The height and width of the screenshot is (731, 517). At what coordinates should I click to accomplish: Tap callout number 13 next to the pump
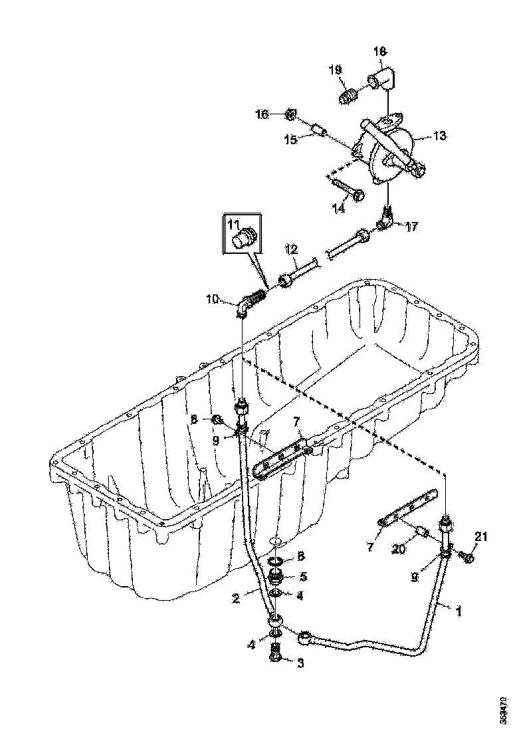[x=439, y=136]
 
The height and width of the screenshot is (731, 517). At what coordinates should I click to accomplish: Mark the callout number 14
[x=339, y=208]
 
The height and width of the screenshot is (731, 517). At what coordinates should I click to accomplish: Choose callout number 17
[x=412, y=227]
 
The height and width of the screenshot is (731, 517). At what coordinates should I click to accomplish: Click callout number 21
[x=480, y=537]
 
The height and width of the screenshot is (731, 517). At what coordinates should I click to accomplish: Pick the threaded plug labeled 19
[x=348, y=98]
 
